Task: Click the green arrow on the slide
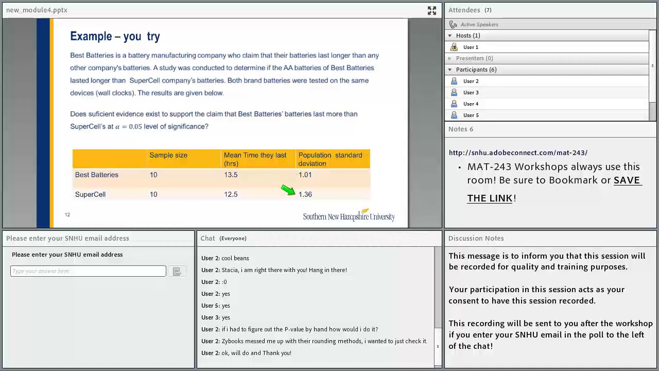(288, 190)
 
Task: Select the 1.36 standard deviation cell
(305, 194)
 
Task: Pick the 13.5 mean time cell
(231, 175)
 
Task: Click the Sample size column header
(168, 155)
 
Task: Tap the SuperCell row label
(90, 194)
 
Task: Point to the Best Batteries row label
(96, 175)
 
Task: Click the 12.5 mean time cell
(231, 194)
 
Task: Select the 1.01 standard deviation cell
(305, 175)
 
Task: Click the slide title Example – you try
(115, 37)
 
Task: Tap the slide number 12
(67, 215)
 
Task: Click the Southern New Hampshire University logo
(349, 215)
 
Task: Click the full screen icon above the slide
(432, 11)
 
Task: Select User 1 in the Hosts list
(471, 47)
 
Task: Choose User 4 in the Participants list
(471, 104)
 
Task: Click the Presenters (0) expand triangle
(450, 58)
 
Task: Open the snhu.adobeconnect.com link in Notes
(518, 153)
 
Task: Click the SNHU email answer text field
(88, 271)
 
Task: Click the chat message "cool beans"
(235, 258)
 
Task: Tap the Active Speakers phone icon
(453, 24)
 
